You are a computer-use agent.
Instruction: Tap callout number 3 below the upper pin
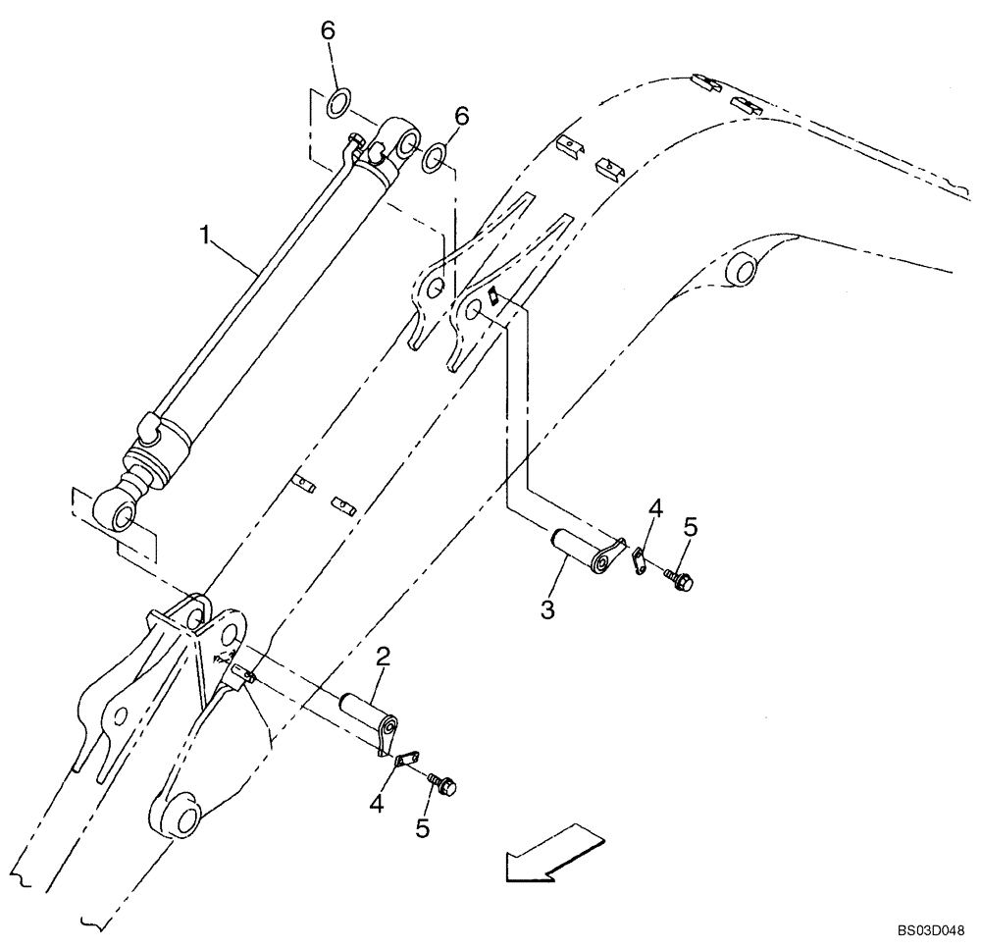(547, 610)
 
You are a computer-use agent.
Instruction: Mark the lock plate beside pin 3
(637, 561)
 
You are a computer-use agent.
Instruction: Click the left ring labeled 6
(339, 102)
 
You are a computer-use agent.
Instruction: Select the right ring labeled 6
(435, 157)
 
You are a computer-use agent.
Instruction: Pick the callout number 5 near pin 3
(690, 527)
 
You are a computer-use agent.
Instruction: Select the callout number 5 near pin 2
(422, 828)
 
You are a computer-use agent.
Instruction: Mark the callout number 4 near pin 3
(655, 508)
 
